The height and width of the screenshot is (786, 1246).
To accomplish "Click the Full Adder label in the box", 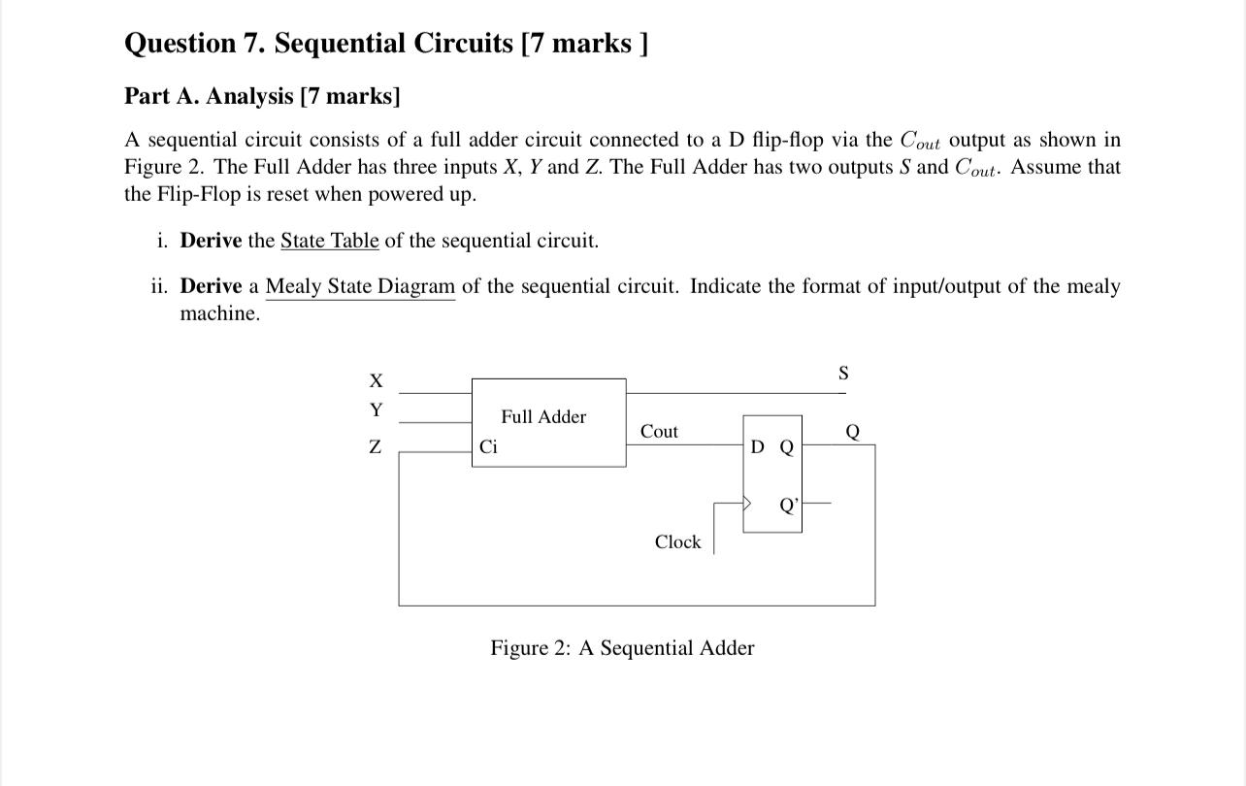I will (543, 417).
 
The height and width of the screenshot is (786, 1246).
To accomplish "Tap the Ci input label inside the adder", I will (488, 447).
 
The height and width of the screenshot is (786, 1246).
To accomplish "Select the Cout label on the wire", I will (659, 432).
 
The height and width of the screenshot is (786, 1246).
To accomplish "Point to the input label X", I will (376, 379).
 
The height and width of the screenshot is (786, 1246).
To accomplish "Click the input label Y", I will (376, 410).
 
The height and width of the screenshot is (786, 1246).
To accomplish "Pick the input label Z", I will (376, 447).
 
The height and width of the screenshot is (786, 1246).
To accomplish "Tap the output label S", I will (842, 373).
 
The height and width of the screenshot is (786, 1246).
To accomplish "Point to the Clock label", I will (677, 542).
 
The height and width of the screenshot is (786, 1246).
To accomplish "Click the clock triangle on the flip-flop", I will (748, 504).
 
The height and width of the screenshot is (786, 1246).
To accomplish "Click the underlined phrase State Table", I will (330, 241).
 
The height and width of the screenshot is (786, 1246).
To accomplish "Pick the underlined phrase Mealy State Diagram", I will (360, 287).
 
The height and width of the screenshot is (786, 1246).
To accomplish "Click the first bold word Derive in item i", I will (211, 241).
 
